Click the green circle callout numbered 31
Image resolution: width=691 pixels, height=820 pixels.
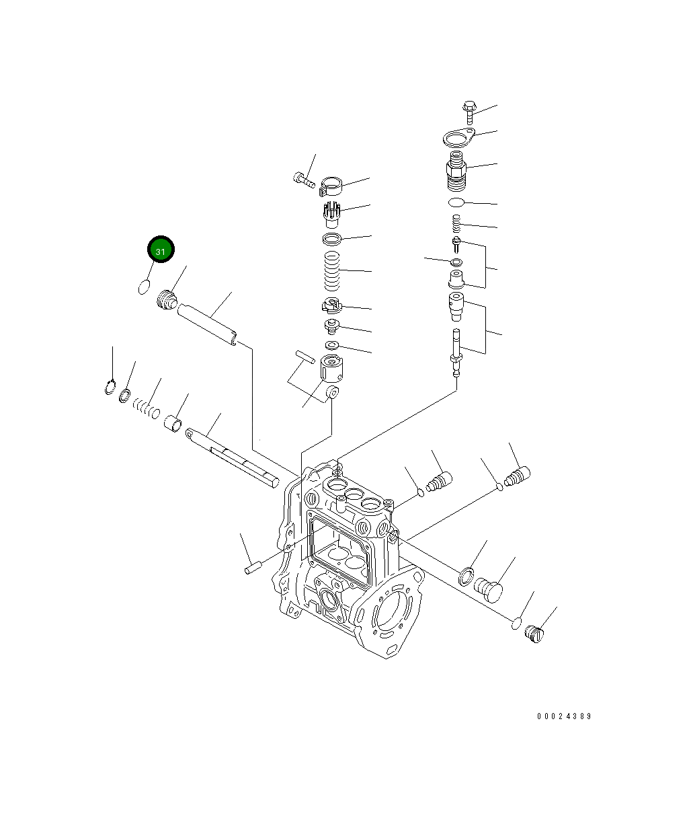tap(161, 250)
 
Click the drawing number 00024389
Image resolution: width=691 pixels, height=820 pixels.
tap(564, 716)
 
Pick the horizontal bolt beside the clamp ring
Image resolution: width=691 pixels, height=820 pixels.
tap(304, 179)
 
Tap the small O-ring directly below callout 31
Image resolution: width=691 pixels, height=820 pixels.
tap(144, 287)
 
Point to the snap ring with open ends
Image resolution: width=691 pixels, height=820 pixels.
tap(110, 387)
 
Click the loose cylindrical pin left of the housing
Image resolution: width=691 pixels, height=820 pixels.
tap(252, 568)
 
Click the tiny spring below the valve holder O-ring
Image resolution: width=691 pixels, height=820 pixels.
tap(456, 222)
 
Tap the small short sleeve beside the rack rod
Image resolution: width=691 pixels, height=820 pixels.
tap(173, 424)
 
